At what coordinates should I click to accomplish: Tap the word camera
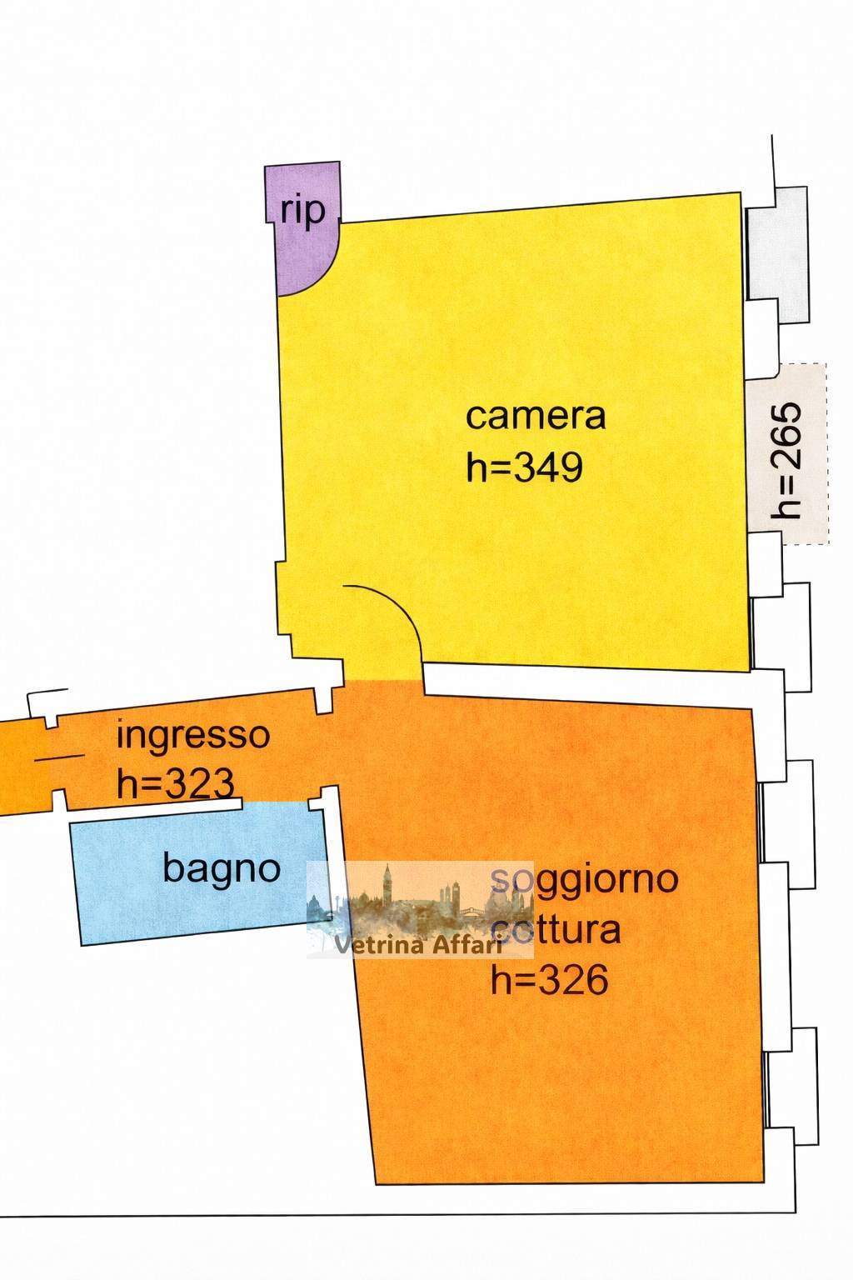535,415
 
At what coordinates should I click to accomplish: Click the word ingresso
193,736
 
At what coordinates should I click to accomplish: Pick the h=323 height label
175,783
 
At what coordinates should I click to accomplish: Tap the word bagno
221,868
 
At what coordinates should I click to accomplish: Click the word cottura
556,928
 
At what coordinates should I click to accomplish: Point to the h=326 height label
549,980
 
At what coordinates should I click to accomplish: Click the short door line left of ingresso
60,757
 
